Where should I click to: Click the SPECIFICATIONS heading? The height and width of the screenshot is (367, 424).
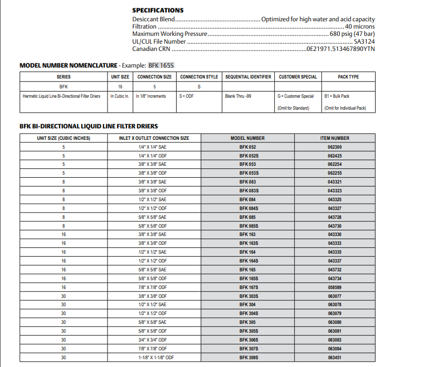157,10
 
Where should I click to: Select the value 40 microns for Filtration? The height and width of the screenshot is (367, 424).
360,27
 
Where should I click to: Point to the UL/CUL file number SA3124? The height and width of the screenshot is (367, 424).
364,42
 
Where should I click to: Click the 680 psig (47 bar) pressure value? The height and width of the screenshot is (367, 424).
352,34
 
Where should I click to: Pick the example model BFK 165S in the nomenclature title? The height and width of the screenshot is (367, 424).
161,65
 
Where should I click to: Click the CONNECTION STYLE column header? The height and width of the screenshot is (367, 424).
199,77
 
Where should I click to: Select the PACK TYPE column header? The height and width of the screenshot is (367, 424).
348,77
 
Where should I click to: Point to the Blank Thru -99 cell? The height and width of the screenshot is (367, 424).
238,96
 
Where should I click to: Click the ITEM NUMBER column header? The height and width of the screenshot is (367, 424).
335,138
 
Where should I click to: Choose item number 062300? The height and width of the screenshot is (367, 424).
335,147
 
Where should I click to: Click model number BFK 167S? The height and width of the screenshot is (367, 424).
249,287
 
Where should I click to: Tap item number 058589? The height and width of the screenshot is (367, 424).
335,287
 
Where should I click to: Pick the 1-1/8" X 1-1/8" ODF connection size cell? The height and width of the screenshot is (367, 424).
155,358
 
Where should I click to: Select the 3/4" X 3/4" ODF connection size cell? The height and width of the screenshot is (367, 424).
152,339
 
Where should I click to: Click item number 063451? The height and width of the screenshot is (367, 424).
335,358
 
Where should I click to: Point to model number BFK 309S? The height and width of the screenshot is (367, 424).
249,358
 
